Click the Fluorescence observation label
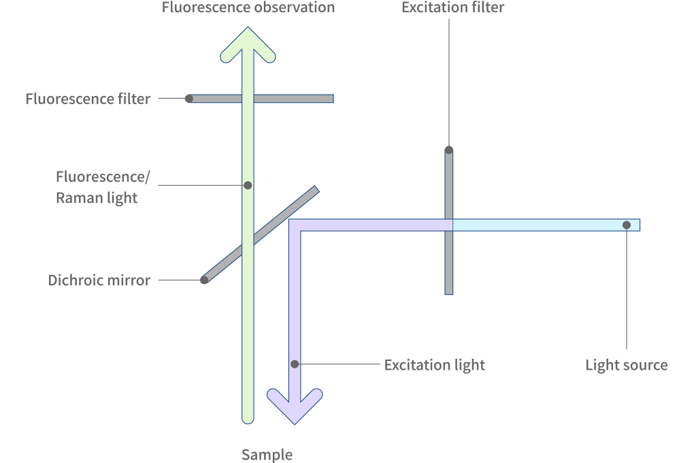248,8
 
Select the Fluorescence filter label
88,99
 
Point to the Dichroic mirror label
99,280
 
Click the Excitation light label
434,364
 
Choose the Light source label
626,365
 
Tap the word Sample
267,454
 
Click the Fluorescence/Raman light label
102,187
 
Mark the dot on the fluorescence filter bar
189,99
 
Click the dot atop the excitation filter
448,150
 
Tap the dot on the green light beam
248,185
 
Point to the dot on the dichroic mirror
204,280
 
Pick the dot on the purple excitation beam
295,364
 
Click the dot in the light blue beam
626,225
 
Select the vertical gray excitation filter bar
448,266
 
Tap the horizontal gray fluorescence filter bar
299,99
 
